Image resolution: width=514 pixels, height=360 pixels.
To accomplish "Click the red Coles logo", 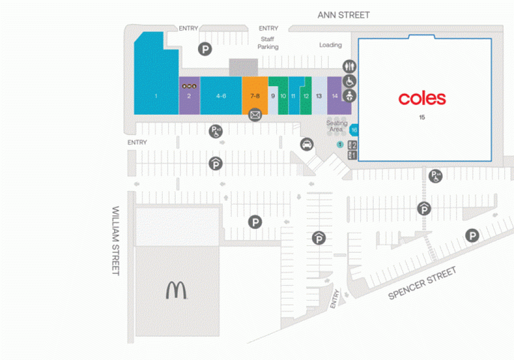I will pyautogui.click(x=422, y=99).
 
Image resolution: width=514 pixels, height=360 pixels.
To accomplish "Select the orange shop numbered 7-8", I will pyautogui.click(x=255, y=96).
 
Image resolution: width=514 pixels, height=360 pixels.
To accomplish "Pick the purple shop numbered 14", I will pyautogui.click(x=335, y=96).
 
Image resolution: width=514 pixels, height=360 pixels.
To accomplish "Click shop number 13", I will pyautogui.click(x=319, y=96).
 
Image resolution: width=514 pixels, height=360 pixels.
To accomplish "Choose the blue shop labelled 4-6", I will pyautogui.click(x=221, y=96).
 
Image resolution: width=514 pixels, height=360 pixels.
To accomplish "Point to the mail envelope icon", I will pyautogui.click(x=255, y=114).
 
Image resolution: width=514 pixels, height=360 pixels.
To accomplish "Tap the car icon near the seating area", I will pyautogui.click(x=307, y=145).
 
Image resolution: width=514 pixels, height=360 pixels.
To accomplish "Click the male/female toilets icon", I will pyautogui.click(x=350, y=66).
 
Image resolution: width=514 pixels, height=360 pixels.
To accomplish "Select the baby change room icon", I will pyautogui.click(x=349, y=97).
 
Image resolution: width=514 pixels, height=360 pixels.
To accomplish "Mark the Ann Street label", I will pyautogui.click(x=344, y=15).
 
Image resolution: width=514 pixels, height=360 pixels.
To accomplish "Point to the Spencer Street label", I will pyautogui.click(x=423, y=283).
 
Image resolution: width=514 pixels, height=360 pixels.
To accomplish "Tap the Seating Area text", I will pyautogui.click(x=337, y=126).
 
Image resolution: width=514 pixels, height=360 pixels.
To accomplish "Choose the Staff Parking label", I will pyautogui.click(x=268, y=43).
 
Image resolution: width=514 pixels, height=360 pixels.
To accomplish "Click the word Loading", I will pyautogui.click(x=330, y=45).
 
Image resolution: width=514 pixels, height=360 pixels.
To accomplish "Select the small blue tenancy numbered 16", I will pyautogui.click(x=353, y=130).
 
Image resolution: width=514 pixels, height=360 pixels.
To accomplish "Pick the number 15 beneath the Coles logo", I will pyautogui.click(x=422, y=117).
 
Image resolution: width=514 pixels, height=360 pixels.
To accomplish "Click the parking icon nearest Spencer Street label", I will pyautogui.click(x=472, y=236).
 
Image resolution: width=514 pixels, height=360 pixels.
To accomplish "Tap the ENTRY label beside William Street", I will pyautogui.click(x=137, y=142).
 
